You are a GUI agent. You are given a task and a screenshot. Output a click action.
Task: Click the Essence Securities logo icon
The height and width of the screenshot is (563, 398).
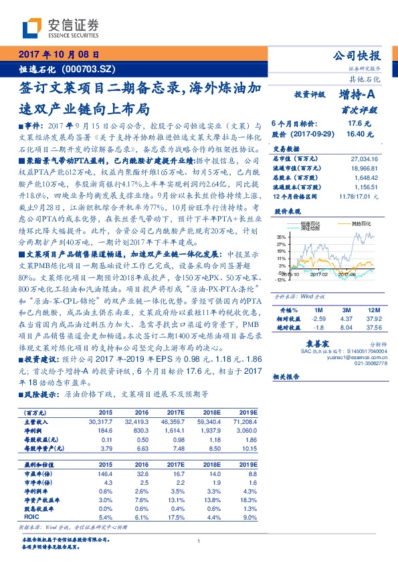33,27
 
